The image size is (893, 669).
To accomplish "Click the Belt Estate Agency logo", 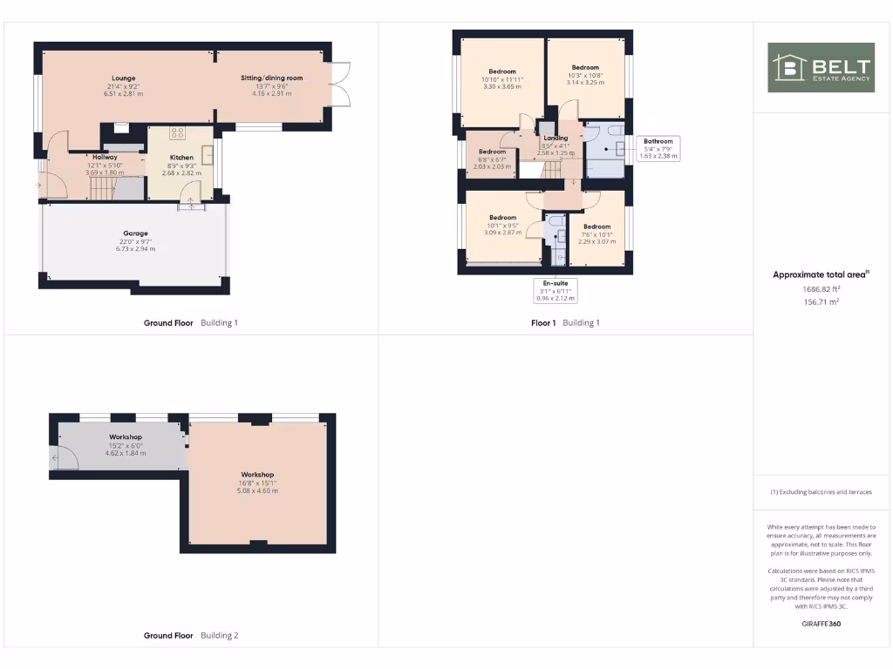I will click(x=821, y=67).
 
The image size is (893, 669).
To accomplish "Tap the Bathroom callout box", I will click(x=658, y=148).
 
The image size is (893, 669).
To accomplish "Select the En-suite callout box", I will click(x=555, y=290).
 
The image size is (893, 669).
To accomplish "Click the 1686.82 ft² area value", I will click(x=821, y=289).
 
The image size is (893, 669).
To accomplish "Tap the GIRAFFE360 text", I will click(x=821, y=624).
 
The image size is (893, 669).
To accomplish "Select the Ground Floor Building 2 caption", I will click(x=190, y=636).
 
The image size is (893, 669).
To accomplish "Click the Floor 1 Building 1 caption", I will click(x=565, y=323).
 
